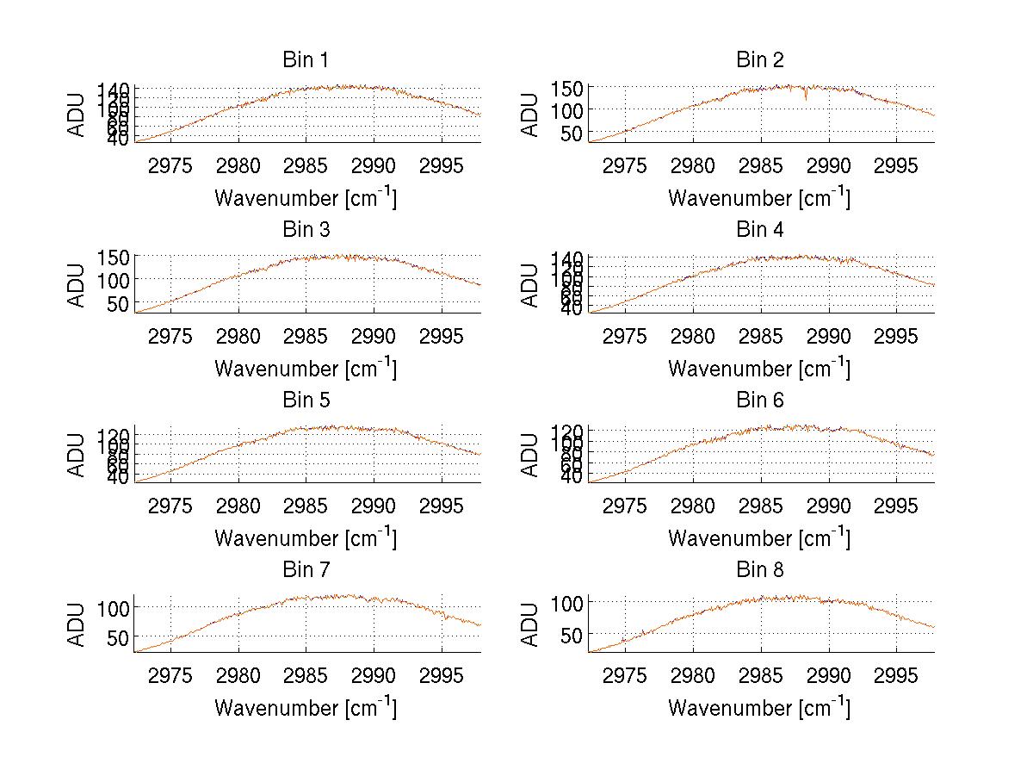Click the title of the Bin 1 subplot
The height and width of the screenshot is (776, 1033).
point(305,60)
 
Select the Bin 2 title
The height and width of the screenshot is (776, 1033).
point(759,60)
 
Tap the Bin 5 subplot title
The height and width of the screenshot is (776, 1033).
point(305,400)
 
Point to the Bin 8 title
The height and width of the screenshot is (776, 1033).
point(759,570)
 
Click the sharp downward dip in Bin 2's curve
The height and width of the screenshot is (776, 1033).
point(807,97)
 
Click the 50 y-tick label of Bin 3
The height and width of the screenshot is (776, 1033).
point(118,303)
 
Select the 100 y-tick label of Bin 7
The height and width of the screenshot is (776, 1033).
point(114,607)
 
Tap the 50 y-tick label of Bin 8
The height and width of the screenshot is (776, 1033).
point(572,633)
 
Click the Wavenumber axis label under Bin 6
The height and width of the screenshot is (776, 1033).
point(759,538)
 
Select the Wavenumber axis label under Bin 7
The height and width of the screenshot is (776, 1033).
point(305,708)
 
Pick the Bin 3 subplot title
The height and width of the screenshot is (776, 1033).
point(305,230)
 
